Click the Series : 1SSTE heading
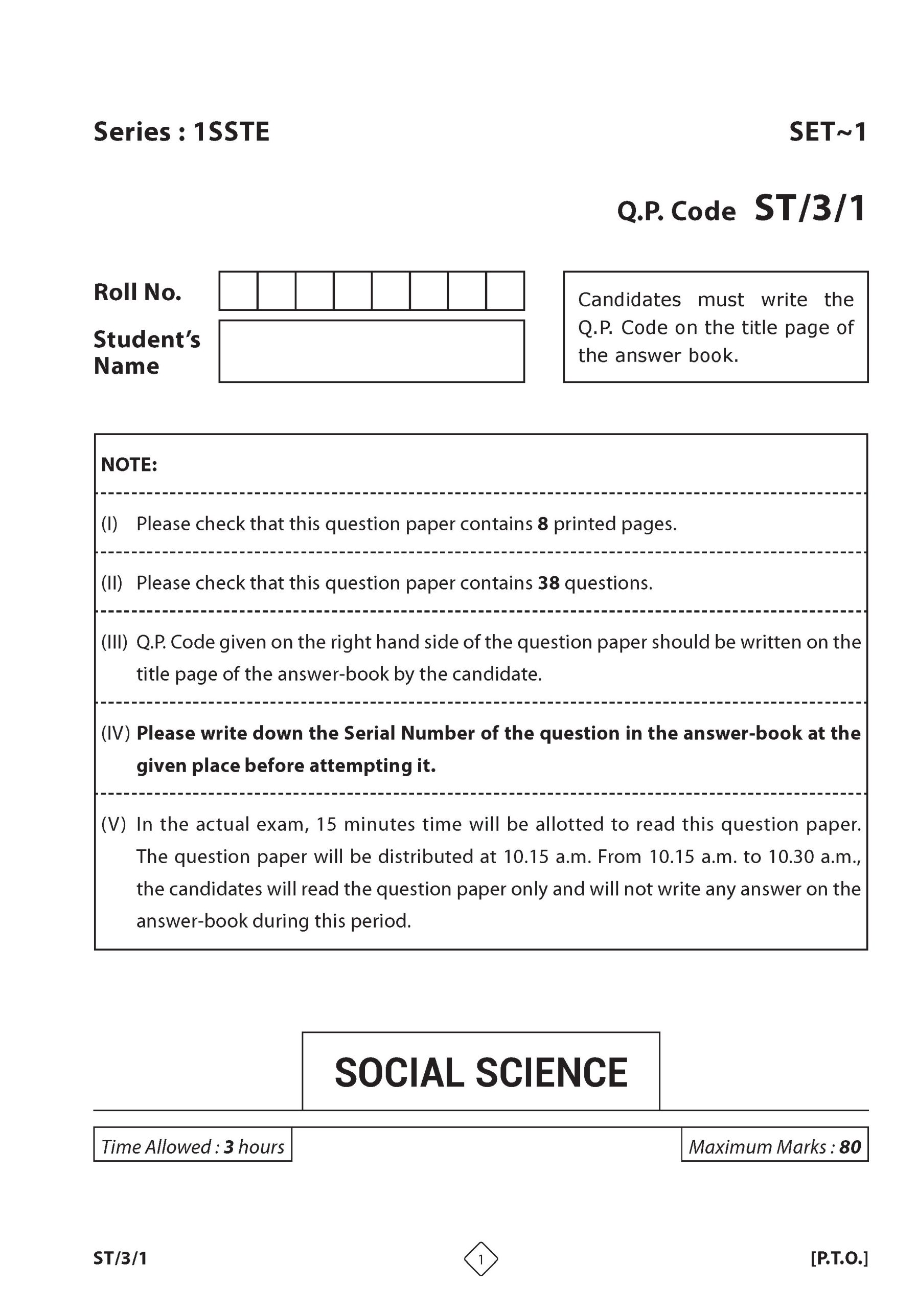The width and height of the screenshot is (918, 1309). pyautogui.click(x=181, y=132)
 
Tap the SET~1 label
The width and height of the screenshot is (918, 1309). pyautogui.click(x=827, y=132)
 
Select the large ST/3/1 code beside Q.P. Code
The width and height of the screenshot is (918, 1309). pyautogui.click(x=809, y=209)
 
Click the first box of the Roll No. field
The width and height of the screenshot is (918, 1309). pyautogui.click(x=238, y=291)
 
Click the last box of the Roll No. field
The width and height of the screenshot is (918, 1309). pyautogui.click(x=505, y=291)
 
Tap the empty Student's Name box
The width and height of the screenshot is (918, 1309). pyautogui.click(x=371, y=351)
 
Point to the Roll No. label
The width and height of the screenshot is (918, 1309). pyautogui.click(x=137, y=292)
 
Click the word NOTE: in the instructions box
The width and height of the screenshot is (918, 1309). pyautogui.click(x=129, y=465)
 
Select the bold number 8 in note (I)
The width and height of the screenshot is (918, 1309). pyautogui.click(x=542, y=524)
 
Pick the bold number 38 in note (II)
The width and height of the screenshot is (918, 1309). pyautogui.click(x=548, y=583)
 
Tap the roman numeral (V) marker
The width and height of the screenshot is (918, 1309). pyautogui.click(x=113, y=824)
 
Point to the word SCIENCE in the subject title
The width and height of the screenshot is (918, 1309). pyautogui.click(x=551, y=1072)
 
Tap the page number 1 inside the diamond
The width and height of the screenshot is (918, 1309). pyautogui.click(x=480, y=1259)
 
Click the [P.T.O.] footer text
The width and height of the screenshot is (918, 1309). pyautogui.click(x=839, y=1258)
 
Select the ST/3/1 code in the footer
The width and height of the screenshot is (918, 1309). pyautogui.click(x=120, y=1258)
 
